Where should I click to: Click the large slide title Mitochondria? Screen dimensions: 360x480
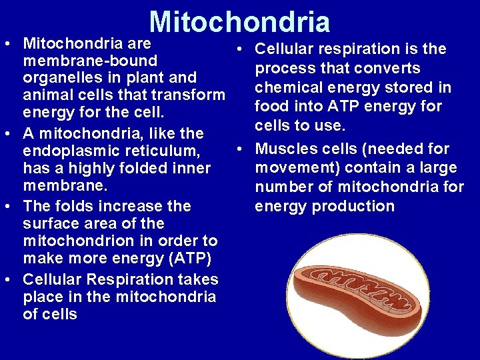(240, 21)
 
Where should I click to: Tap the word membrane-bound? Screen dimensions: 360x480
(89, 61)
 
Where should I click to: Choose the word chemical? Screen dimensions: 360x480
(287, 87)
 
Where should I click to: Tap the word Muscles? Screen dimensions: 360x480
(285, 149)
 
